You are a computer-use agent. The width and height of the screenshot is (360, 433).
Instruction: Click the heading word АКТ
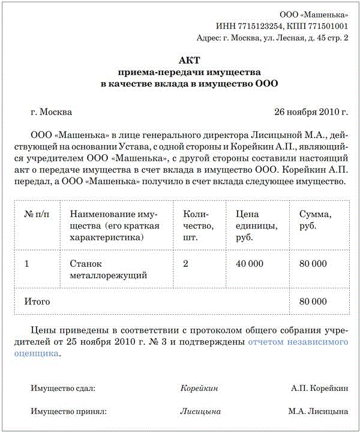pos(189,60)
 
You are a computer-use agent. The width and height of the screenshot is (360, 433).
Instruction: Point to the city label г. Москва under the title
pos(51,112)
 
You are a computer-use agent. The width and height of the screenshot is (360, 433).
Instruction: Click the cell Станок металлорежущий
pos(109,269)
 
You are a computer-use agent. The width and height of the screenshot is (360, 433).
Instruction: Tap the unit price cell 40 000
pos(250,263)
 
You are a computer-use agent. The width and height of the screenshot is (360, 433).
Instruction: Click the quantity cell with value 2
pos(185,263)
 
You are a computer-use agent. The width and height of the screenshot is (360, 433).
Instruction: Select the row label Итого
pos(37,301)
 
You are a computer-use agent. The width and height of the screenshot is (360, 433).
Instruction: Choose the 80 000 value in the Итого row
pos(312,301)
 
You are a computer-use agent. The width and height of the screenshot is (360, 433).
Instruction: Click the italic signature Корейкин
pos(199,388)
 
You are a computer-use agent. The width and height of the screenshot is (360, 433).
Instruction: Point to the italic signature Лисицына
pos(200,411)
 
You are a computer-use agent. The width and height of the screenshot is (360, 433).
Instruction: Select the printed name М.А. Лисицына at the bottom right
pos(318,411)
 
